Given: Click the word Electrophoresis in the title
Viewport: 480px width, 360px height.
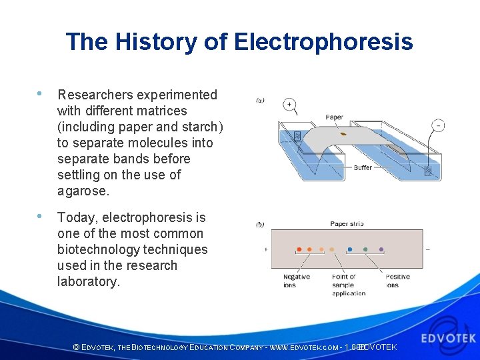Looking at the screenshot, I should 323,42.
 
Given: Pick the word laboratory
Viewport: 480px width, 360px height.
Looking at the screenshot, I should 88,281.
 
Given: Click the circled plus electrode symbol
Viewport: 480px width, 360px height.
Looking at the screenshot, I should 290,105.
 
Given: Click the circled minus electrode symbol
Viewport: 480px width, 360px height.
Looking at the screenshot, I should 438,125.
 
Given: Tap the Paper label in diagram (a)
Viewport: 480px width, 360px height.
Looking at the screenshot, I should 335,117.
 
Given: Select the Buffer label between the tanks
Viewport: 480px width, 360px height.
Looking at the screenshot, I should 363,168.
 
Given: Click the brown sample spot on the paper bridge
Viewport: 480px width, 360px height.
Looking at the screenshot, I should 343,134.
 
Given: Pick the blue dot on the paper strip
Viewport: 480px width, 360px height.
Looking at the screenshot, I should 350,249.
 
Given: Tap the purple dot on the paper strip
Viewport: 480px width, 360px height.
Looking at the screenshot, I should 381,249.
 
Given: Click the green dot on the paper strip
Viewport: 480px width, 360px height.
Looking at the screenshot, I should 365,249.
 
